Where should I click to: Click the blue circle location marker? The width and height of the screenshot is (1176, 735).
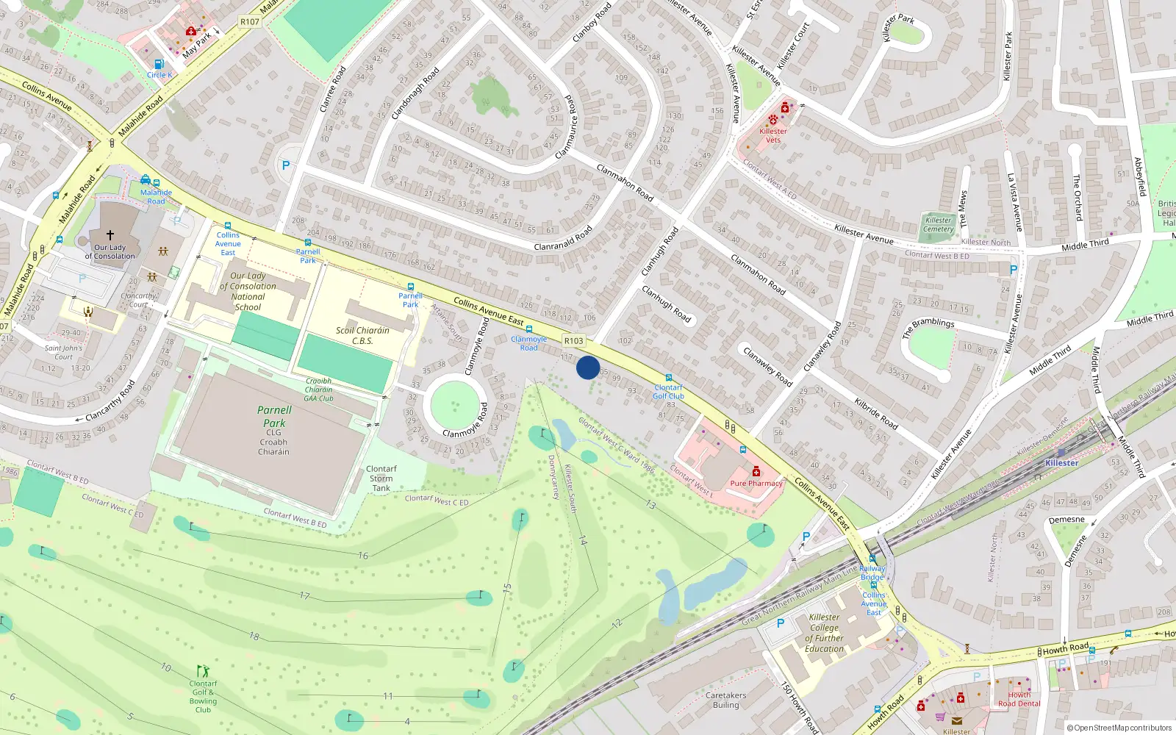(x=588, y=367)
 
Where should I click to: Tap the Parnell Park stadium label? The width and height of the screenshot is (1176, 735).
(x=274, y=417)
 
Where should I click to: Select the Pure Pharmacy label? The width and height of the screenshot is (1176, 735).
(x=756, y=483)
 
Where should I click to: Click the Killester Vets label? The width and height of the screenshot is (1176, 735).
(x=773, y=135)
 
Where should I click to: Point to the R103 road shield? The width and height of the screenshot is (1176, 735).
(x=574, y=340)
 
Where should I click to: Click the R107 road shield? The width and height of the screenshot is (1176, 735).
(x=250, y=22)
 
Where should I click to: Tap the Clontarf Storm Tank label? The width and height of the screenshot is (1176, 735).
(x=381, y=478)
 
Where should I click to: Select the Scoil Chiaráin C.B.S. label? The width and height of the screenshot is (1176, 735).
(x=362, y=335)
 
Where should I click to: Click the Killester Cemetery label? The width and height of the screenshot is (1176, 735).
(x=938, y=224)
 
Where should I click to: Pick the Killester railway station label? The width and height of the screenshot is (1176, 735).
(x=1061, y=463)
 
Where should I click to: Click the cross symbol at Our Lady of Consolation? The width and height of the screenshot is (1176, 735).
(x=110, y=235)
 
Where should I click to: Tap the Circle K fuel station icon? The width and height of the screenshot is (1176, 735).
(x=159, y=65)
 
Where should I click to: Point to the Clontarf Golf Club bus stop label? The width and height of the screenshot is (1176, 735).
(x=668, y=392)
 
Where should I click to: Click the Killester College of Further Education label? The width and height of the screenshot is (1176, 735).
(x=824, y=633)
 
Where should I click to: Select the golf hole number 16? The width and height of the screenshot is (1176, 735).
(x=363, y=556)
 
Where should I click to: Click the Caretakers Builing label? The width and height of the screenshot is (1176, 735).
(x=725, y=700)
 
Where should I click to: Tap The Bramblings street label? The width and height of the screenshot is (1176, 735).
(x=928, y=327)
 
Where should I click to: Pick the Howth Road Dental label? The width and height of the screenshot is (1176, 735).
(x=1019, y=699)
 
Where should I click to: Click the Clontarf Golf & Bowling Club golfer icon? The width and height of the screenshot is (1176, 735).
(x=203, y=671)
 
